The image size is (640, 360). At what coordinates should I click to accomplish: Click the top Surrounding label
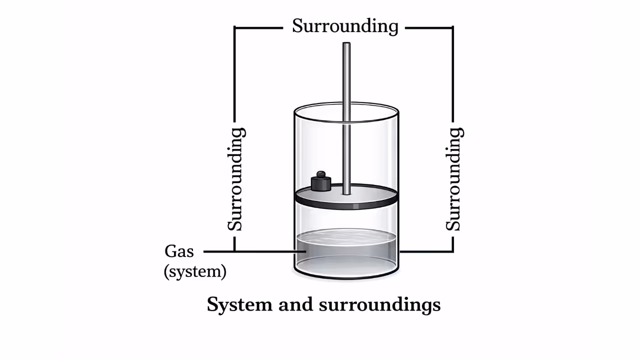tap(345, 26)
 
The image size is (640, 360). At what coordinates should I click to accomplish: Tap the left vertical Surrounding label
tap(236, 179)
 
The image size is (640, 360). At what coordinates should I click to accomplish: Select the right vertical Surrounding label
tap(453, 179)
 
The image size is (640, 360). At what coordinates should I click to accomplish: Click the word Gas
tap(179, 251)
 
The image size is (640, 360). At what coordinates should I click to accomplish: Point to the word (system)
tap(195, 271)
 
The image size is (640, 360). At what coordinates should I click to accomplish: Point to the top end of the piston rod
tap(346, 45)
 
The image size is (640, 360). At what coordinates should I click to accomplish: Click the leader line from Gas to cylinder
tap(250, 251)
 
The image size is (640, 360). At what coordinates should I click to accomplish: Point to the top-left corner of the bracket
tap(235, 28)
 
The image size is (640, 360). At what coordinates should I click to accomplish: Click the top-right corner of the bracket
tap(453, 28)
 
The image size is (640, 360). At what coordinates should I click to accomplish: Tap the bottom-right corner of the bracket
tap(453, 251)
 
